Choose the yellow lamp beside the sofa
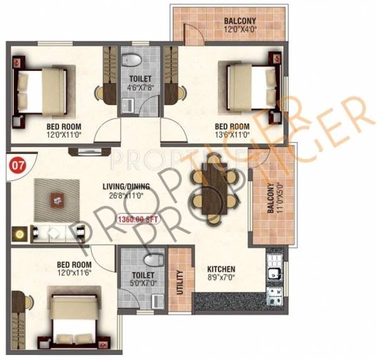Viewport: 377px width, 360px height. click(19, 233)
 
